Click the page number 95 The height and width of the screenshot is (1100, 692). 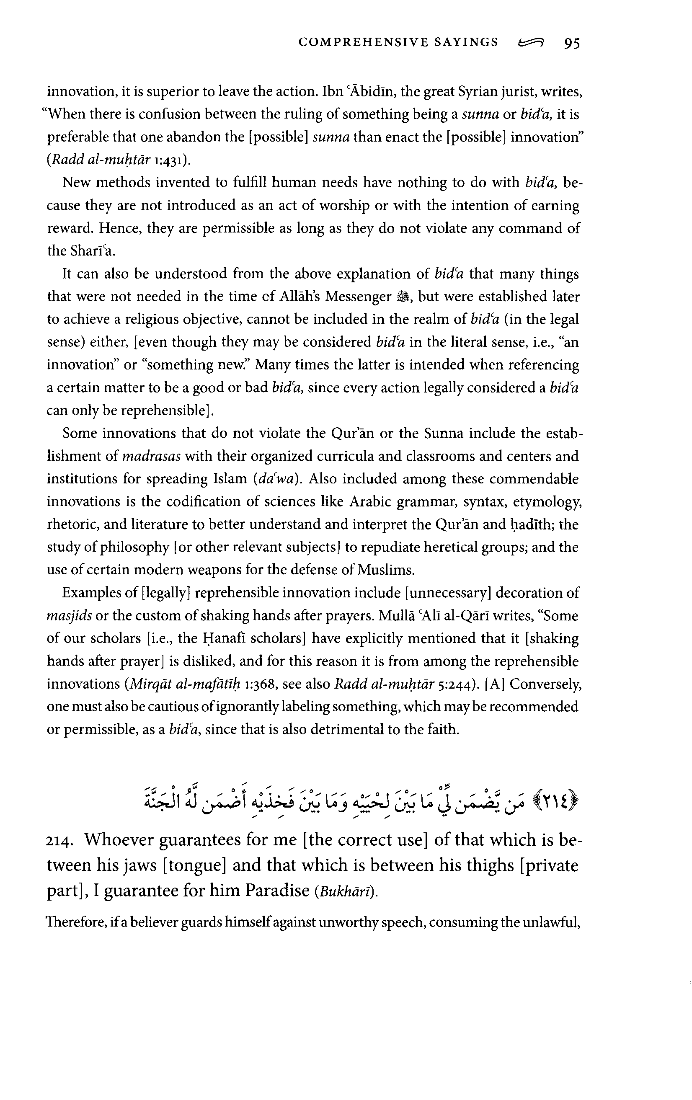click(571, 43)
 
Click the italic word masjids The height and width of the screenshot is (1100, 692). click(70, 616)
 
